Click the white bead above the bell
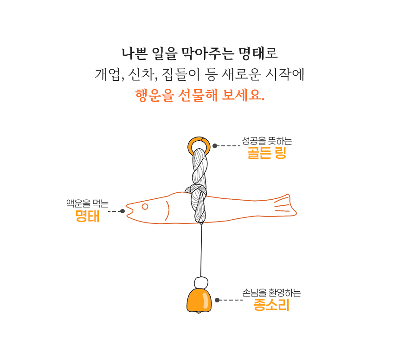pyautogui.click(x=201, y=283)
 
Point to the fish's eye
pyautogui.click(x=145, y=206)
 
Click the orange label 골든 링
pyautogui.click(x=267, y=153)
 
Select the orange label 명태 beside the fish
pyautogui.click(x=87, y=216)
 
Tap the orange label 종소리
pyautogui.click(x=271, y=305)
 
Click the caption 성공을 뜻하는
pyautogui.click(x=267, y=141)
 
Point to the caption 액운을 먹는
pyautogui.click(x=87, y=203)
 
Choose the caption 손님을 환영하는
pyautogui.click(x=271, y=293)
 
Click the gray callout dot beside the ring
pyautogui.click(x=215, y=146)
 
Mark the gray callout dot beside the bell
pyautogui.click(x=217, y=300)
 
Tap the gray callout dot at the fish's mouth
pyautogui.click(x=122, y=211)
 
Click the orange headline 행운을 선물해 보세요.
pyautogui.click(x=200, y=95)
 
